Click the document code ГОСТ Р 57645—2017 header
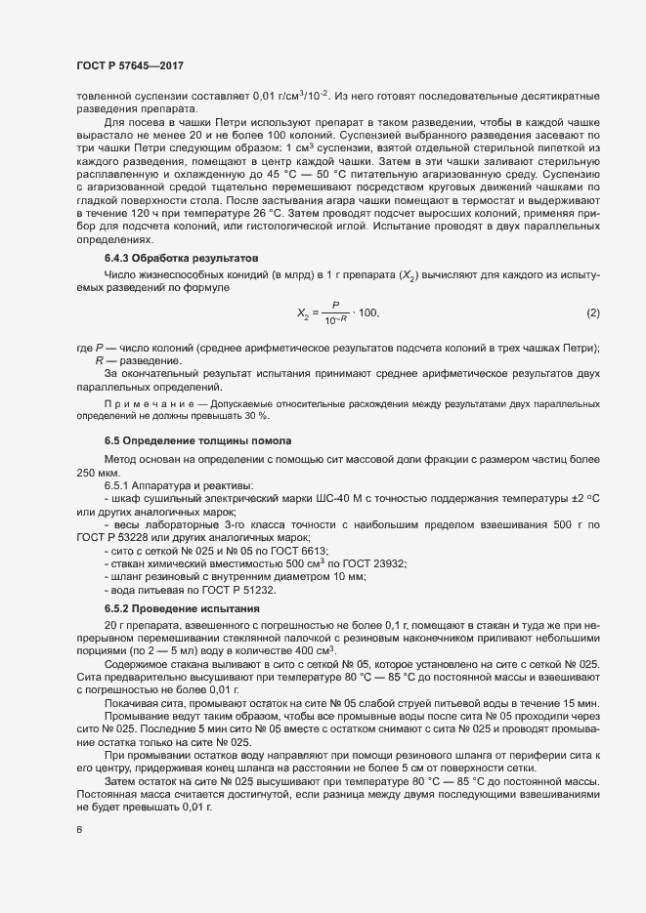point(129,64)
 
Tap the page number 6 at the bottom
point(78,831)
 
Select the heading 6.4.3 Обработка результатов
point(181,259)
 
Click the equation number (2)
point(592,312)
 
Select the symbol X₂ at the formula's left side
point(303,313)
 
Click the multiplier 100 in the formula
point(368,312)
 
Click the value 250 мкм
point(98,473)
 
